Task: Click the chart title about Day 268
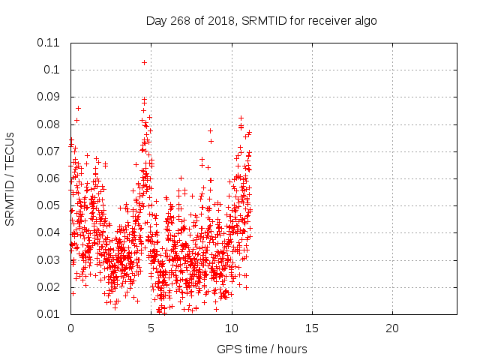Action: (261, 21)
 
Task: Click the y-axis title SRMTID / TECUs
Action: (10, 178)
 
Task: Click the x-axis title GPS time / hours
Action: (262, 349)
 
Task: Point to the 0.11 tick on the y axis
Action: (49, 43)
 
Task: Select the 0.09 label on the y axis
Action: (49, 97)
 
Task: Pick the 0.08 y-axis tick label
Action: (49, 124)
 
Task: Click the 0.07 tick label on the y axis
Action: (49, 151)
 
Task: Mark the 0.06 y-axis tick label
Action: (49, 178)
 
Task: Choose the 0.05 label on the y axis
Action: (49, 205)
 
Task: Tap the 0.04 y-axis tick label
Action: (49, 232)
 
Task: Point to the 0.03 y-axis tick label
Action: (49, 260)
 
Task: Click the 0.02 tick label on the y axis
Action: (49, 287)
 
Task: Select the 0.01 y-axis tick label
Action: (49, 314)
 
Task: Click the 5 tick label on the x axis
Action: (151, 328)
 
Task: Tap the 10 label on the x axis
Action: (232, 328)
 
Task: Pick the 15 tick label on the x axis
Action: (312, 328)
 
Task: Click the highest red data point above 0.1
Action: (144, 62)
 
